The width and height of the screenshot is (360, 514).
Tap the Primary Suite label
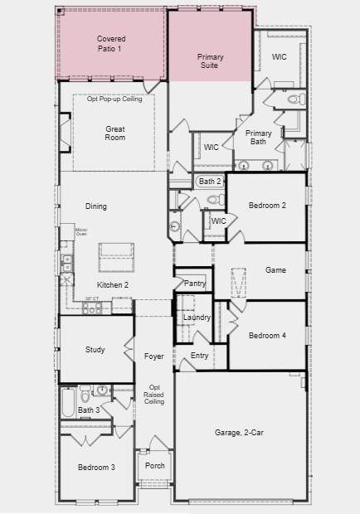point(210,61)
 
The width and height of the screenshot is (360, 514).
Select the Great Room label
point(114,133)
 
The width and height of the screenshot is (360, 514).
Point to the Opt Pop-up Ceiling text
point(114,99)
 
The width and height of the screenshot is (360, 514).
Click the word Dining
point(96,206)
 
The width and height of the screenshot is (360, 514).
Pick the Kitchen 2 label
point(113,284)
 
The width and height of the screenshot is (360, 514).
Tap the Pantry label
point(195,284)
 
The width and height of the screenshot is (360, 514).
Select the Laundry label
point(197,318)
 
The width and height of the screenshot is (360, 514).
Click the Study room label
point(95,350)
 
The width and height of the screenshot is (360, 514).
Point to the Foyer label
point(154,356)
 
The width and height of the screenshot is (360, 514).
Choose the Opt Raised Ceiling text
point(154,395)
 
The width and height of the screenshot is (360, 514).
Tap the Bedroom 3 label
point(96,468)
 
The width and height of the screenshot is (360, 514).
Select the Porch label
point(155,466)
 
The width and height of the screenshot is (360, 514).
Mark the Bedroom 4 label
point(267,336)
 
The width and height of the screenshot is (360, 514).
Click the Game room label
point(275,270)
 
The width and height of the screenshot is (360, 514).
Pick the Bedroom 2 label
point(267,206)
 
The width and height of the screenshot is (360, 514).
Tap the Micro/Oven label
point(81,231)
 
